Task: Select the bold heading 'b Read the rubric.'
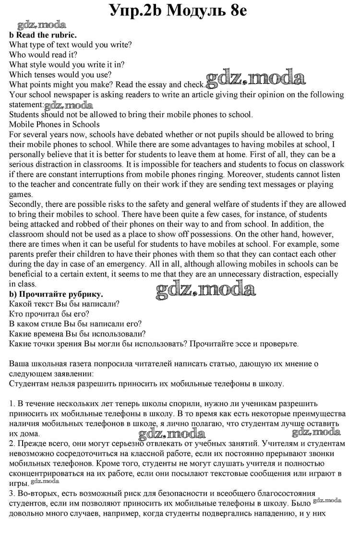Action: pos(43,35)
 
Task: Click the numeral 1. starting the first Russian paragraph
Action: pos(13,404)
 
